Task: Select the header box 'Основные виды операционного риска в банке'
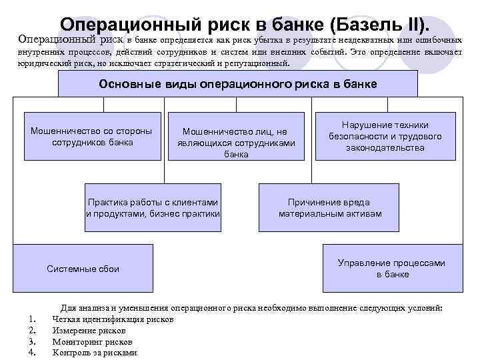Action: (x=237, y=84)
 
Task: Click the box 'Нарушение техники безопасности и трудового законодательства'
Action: (x=385, y=136)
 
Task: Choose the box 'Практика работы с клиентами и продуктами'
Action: (x=153, y=207)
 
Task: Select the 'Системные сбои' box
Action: (x=83, y=269)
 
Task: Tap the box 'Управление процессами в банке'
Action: (x=391, y=268)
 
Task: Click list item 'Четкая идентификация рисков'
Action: (x=113, y=319)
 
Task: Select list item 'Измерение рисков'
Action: (x=87, y=331)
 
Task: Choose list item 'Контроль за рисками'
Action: (x=94, y=353)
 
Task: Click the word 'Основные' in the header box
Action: (x=123, y=84)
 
